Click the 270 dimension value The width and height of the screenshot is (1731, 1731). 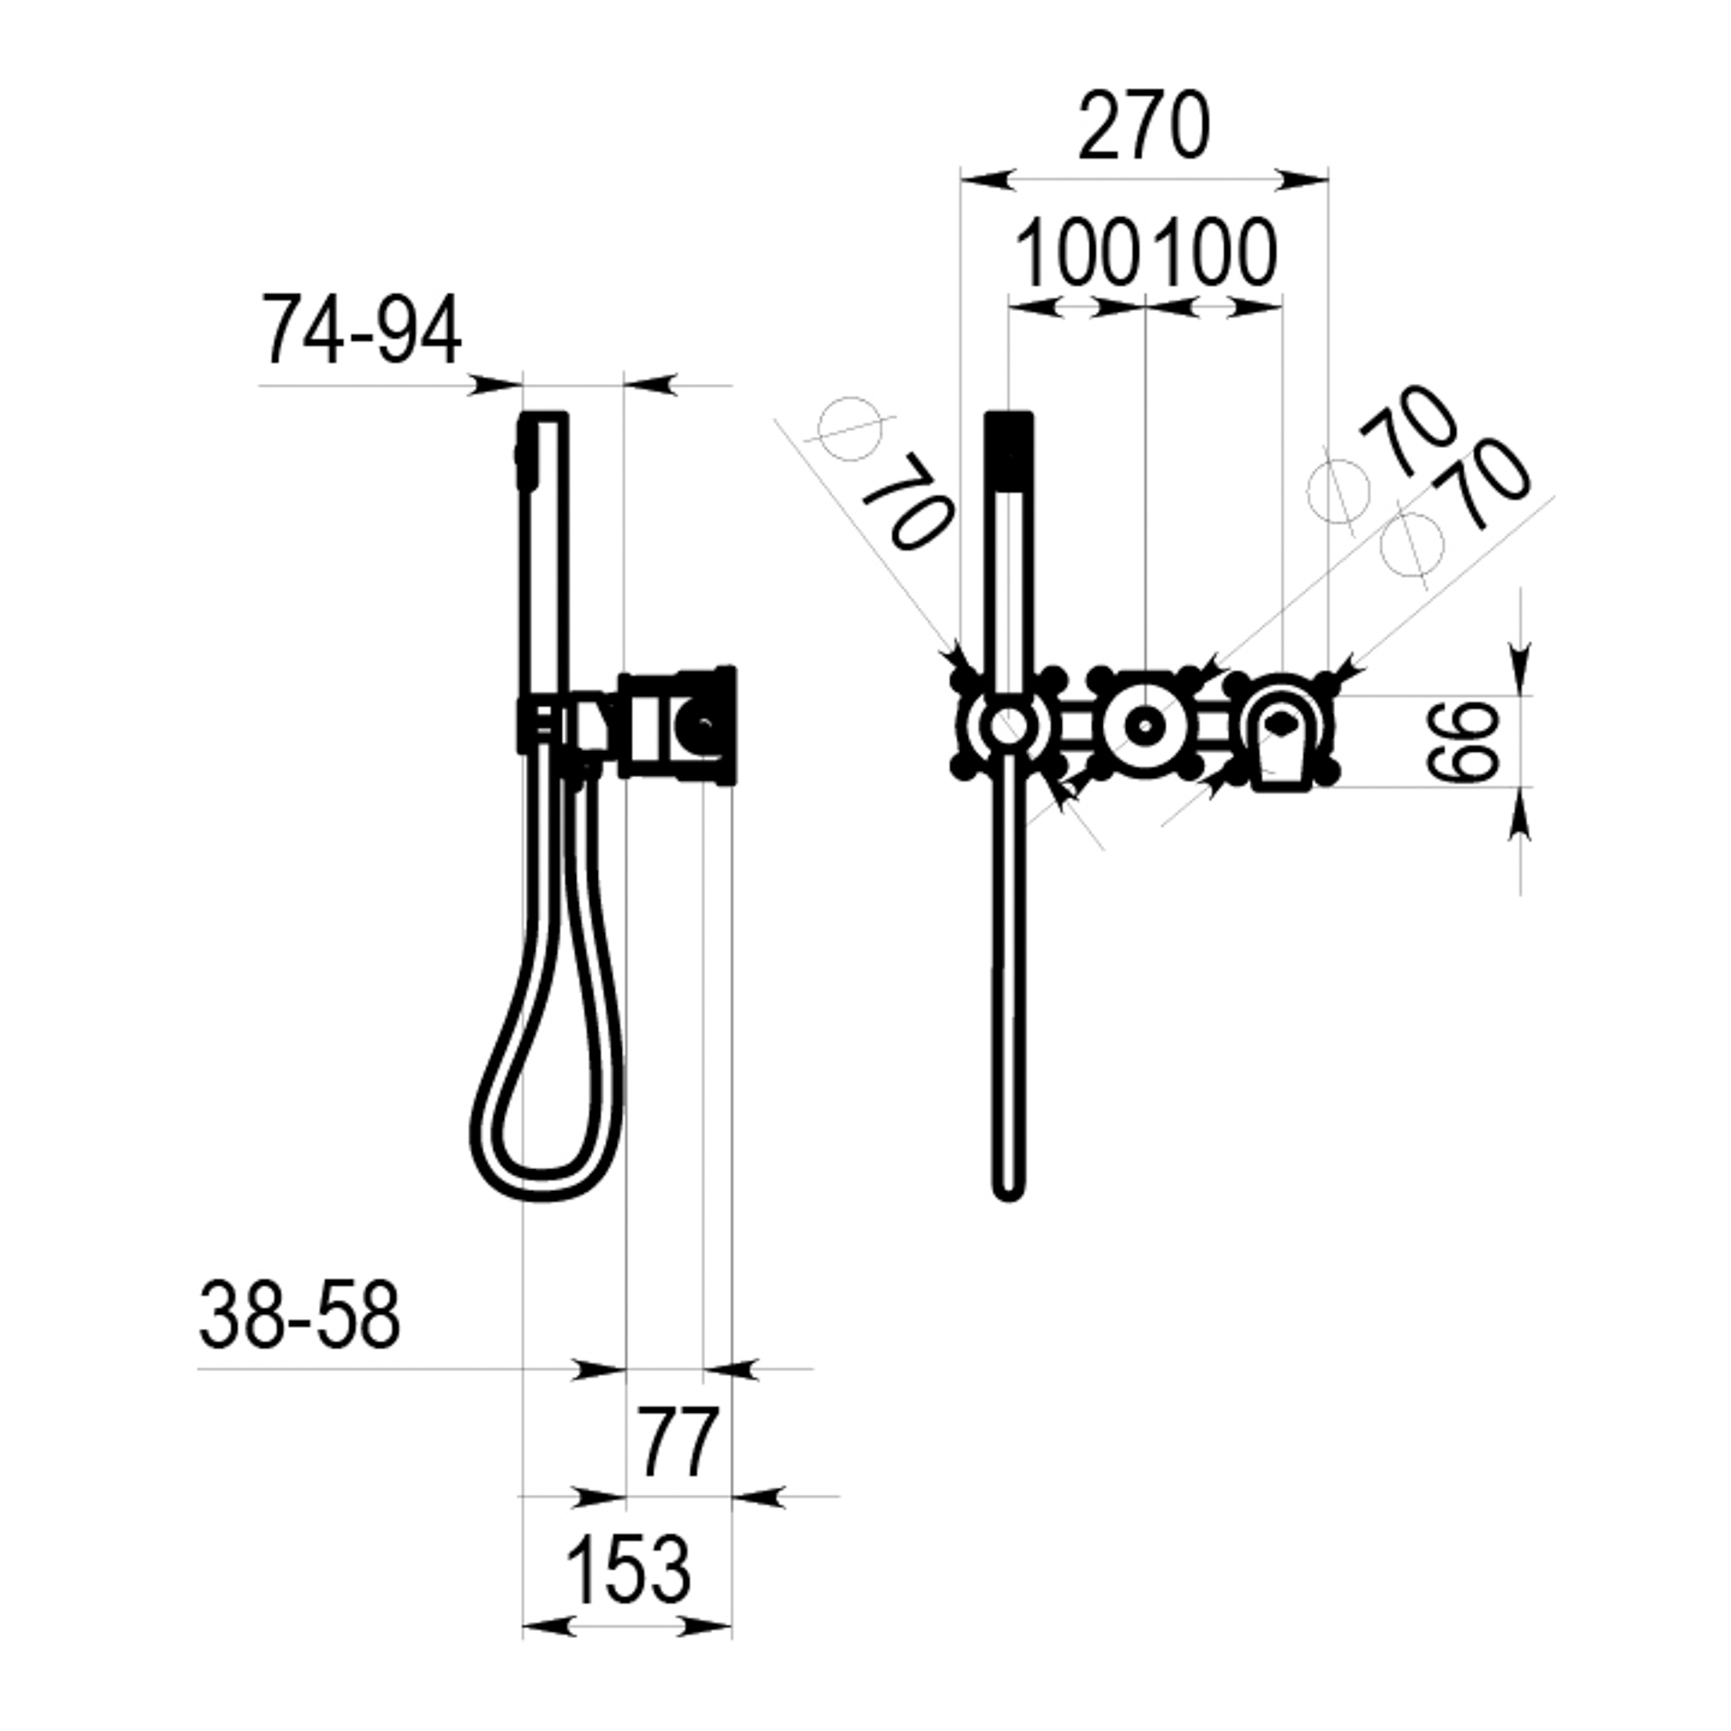tap(1143, 126)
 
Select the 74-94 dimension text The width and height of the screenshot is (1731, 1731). tap(361, 330)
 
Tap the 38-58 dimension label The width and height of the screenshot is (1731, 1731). tap(299, 1315)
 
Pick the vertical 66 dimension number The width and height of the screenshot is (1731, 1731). tap(1462, 741)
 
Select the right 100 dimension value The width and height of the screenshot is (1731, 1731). tap(1214, 253)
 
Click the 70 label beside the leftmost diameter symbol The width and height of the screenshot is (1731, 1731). tap(906, 501)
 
